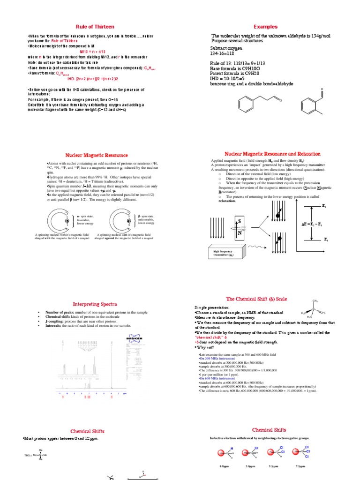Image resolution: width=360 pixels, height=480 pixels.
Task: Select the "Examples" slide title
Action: click(266, 27)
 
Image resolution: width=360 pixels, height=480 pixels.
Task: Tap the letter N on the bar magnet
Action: click(240, 232)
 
